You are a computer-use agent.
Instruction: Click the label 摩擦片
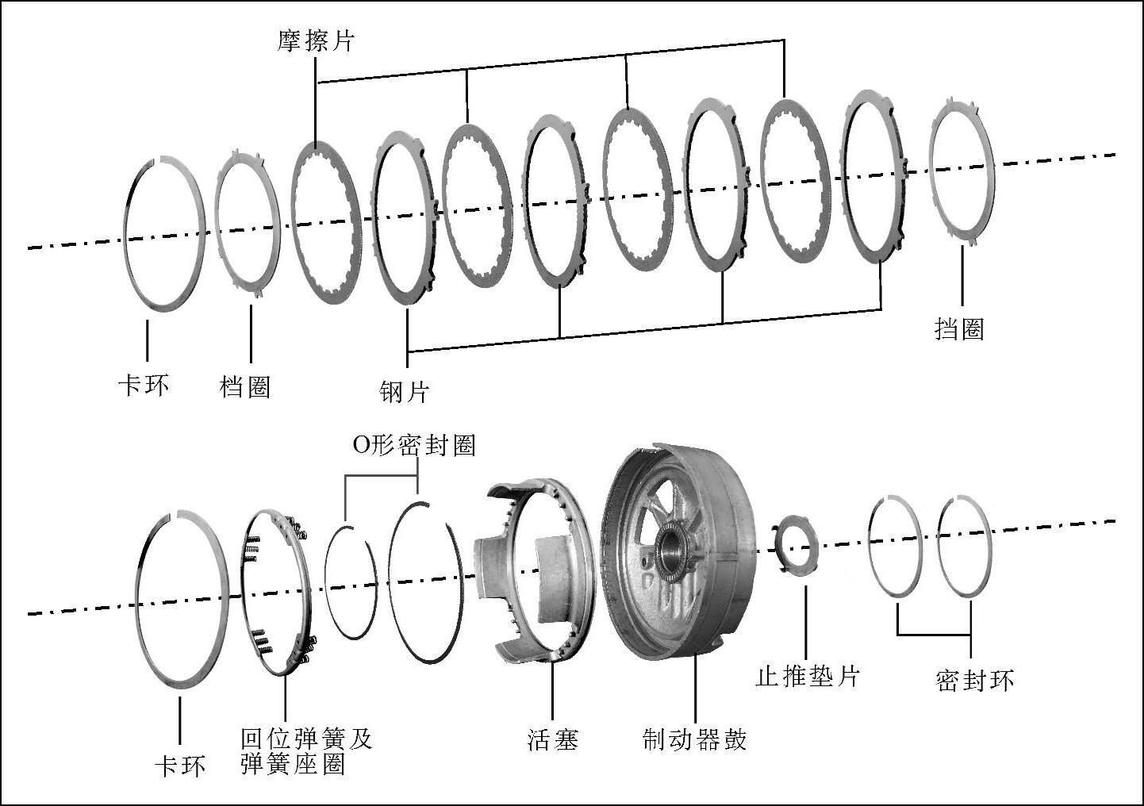point(315,41)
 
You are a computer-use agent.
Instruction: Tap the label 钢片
point(404,391)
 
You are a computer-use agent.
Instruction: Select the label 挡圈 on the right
point(959,328)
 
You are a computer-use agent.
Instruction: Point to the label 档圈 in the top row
point(245,386)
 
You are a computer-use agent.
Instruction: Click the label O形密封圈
point(413,445)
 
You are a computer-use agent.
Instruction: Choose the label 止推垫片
point(808,676)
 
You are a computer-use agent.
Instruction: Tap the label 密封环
point(974,680)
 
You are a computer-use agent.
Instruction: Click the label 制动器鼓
point(694,739)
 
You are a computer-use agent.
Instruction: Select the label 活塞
point(553,739)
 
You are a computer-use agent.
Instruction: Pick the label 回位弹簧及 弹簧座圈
point(305,751)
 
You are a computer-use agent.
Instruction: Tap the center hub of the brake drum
point(674,547)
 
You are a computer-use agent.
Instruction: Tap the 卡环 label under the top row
point(144,386)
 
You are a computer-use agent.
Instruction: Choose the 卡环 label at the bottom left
point(180,766)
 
